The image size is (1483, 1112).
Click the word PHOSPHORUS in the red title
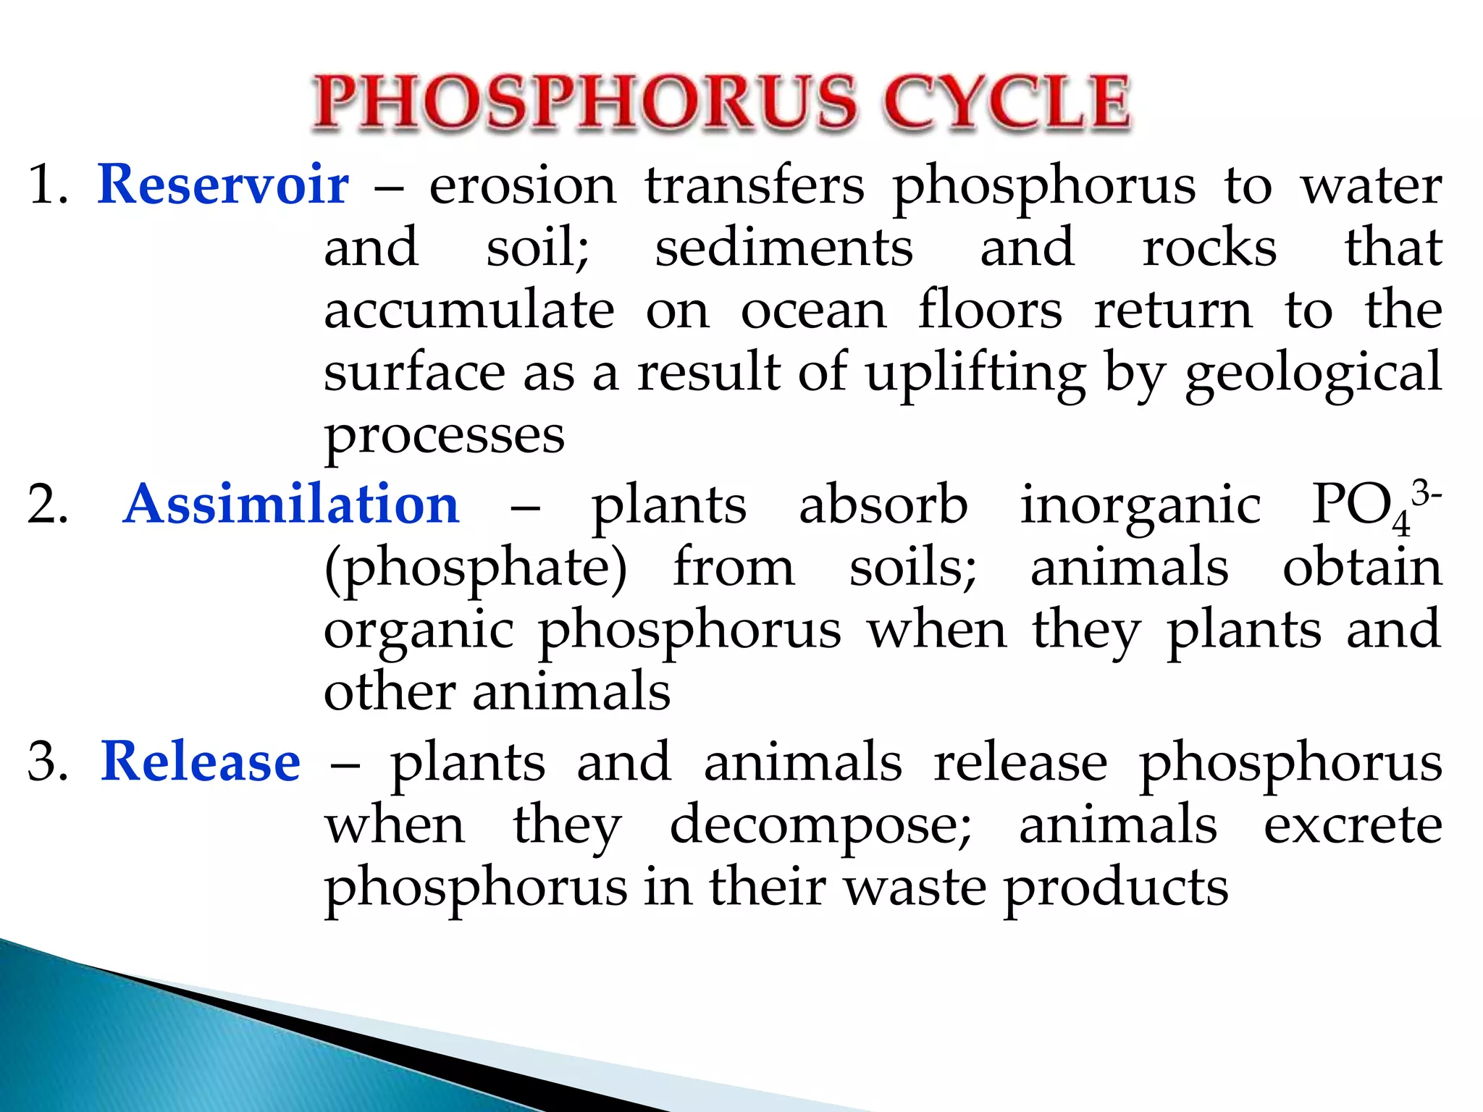pos(585,103)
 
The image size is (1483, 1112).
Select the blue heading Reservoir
pos(223,185)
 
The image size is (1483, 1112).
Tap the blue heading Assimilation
pos(291,505)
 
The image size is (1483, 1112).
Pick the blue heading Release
pos(201,762)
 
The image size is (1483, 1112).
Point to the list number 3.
pos(46,763)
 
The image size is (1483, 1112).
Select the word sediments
pos(783,248)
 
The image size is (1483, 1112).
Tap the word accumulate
pos(469,311)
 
